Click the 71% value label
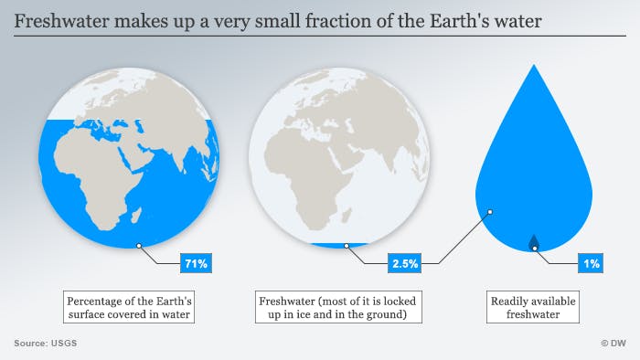[197, 263]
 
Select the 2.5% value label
[405, 263]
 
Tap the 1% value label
[590, 263]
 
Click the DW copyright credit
[612, 344]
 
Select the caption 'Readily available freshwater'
[534, 307]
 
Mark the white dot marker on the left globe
[138, 245]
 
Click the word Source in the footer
[30, 344]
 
